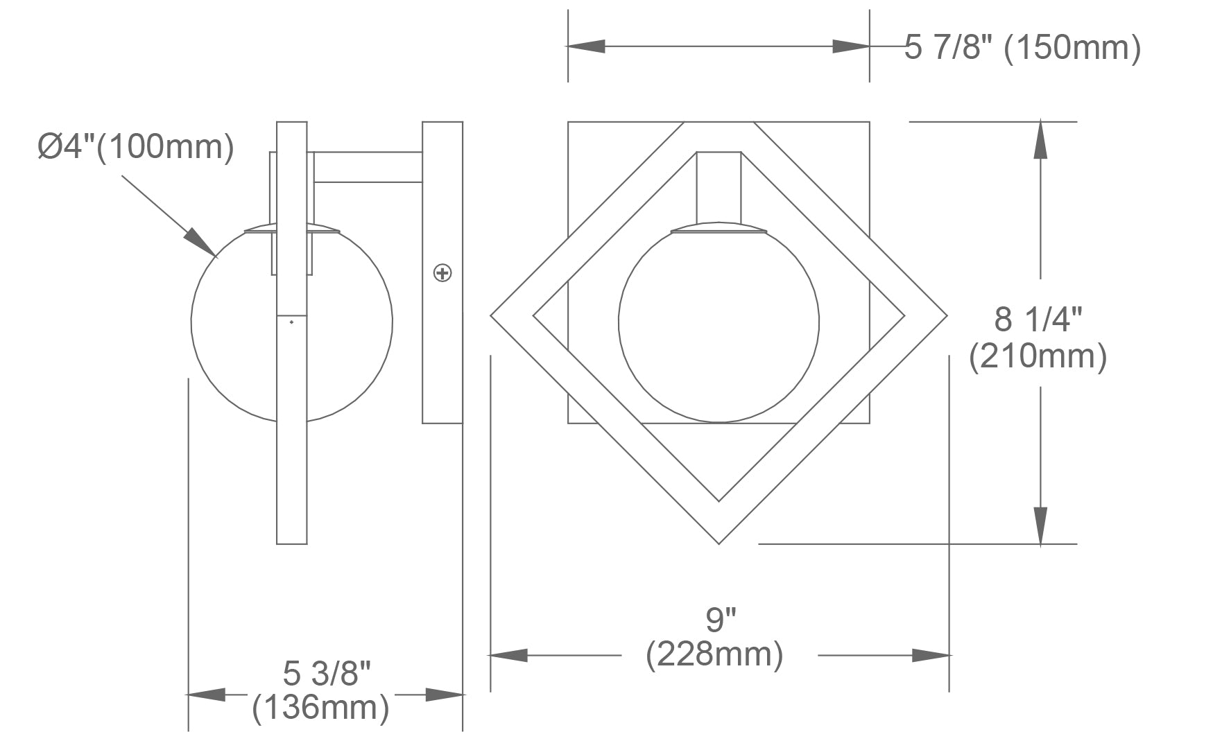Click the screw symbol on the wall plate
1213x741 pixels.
442,273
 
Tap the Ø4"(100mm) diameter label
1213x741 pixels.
136,147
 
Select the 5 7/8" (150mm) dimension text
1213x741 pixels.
1022,48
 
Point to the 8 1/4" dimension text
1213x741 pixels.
1038,320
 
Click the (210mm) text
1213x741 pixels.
1038,357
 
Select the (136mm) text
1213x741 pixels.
320,708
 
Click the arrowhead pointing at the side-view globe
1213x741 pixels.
200,242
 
